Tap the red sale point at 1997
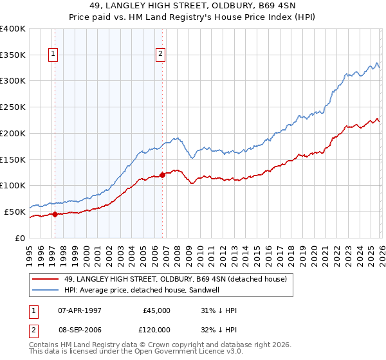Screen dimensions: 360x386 point(55,215)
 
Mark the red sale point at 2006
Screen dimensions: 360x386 point(162,174)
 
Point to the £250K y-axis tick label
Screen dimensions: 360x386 point(13,107)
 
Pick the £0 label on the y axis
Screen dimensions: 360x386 point(20,238)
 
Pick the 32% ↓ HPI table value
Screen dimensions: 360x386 point(219,329)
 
